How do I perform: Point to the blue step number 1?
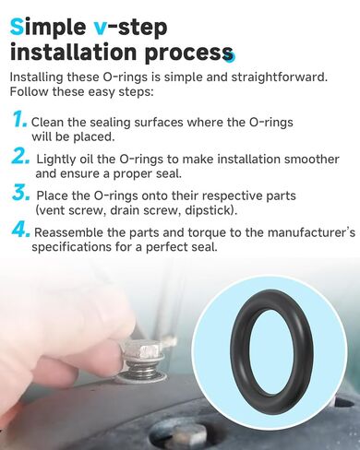tap(19, 120)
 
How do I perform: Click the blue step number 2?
tap(21, 158)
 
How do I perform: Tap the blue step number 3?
tap(21, 195)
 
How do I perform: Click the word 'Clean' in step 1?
tap(50, 122)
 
